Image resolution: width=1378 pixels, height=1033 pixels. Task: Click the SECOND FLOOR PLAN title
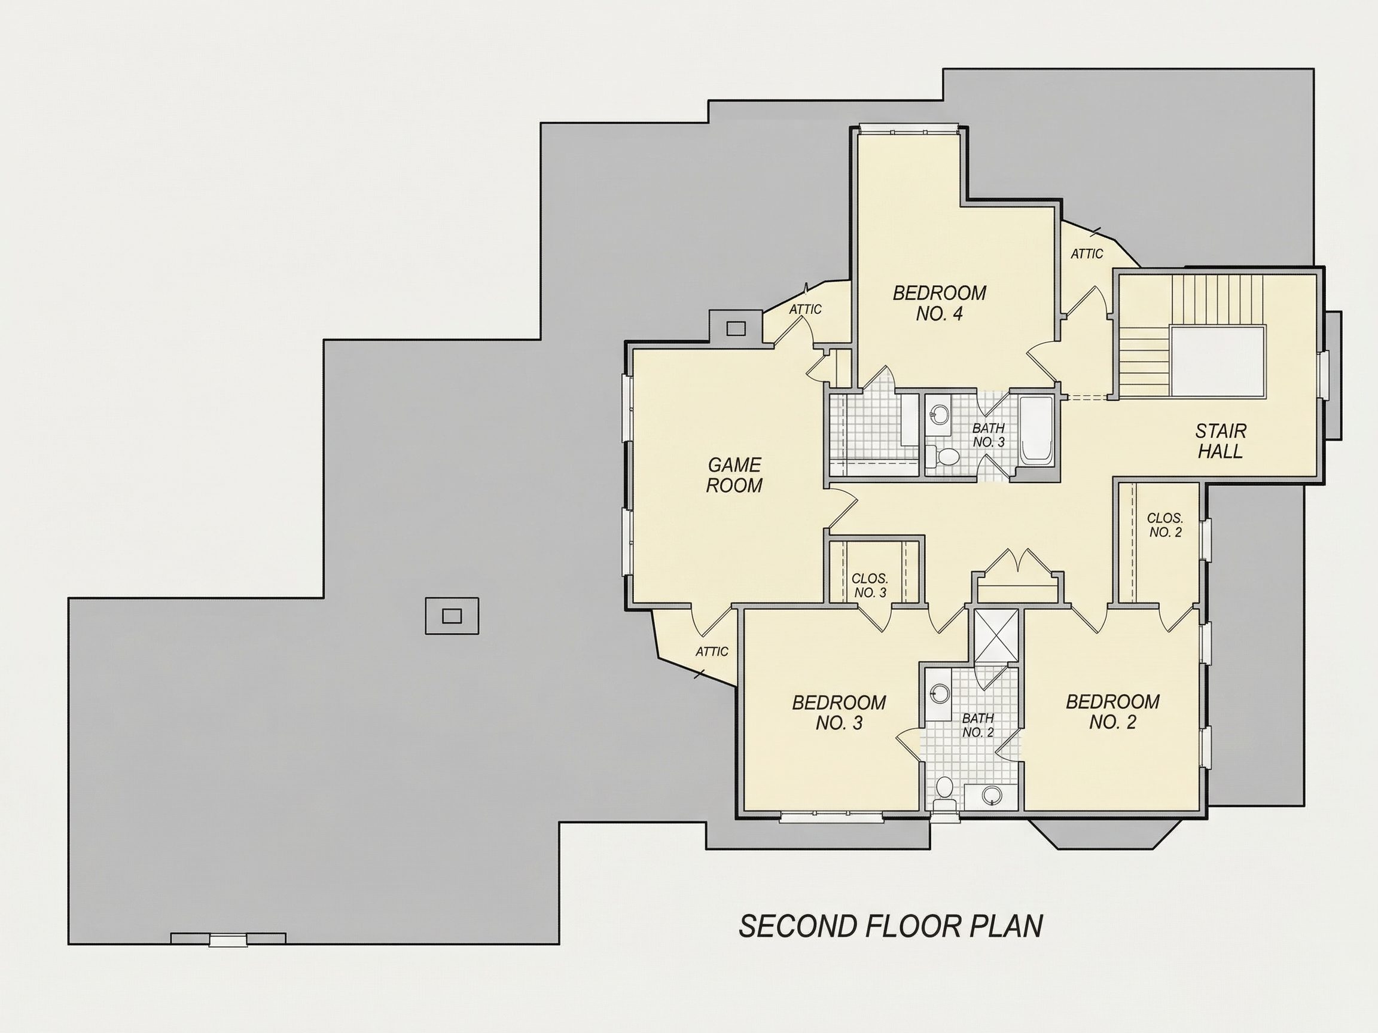(891, 926)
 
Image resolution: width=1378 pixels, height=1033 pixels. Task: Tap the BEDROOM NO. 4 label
(940, 302)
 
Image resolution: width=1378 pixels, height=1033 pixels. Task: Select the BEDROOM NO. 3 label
(839, 713)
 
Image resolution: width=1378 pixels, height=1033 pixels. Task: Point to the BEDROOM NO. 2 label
(1112, 712)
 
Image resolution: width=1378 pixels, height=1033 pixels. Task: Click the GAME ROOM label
(734, 475)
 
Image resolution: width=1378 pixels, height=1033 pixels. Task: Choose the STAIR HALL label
(1220, 441)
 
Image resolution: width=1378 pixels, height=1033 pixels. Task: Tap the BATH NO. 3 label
(989, 435)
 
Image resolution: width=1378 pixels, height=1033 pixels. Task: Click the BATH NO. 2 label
(978, 725)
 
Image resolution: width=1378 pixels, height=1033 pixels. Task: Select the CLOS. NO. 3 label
(870, 586)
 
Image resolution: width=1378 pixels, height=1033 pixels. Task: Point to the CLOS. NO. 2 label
(1165, 525)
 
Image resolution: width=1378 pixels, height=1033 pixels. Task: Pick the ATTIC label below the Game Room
(712, 652)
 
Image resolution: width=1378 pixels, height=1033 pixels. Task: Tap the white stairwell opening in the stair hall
(1218, 361)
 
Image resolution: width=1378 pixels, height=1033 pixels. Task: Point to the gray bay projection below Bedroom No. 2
(1104, 835)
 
